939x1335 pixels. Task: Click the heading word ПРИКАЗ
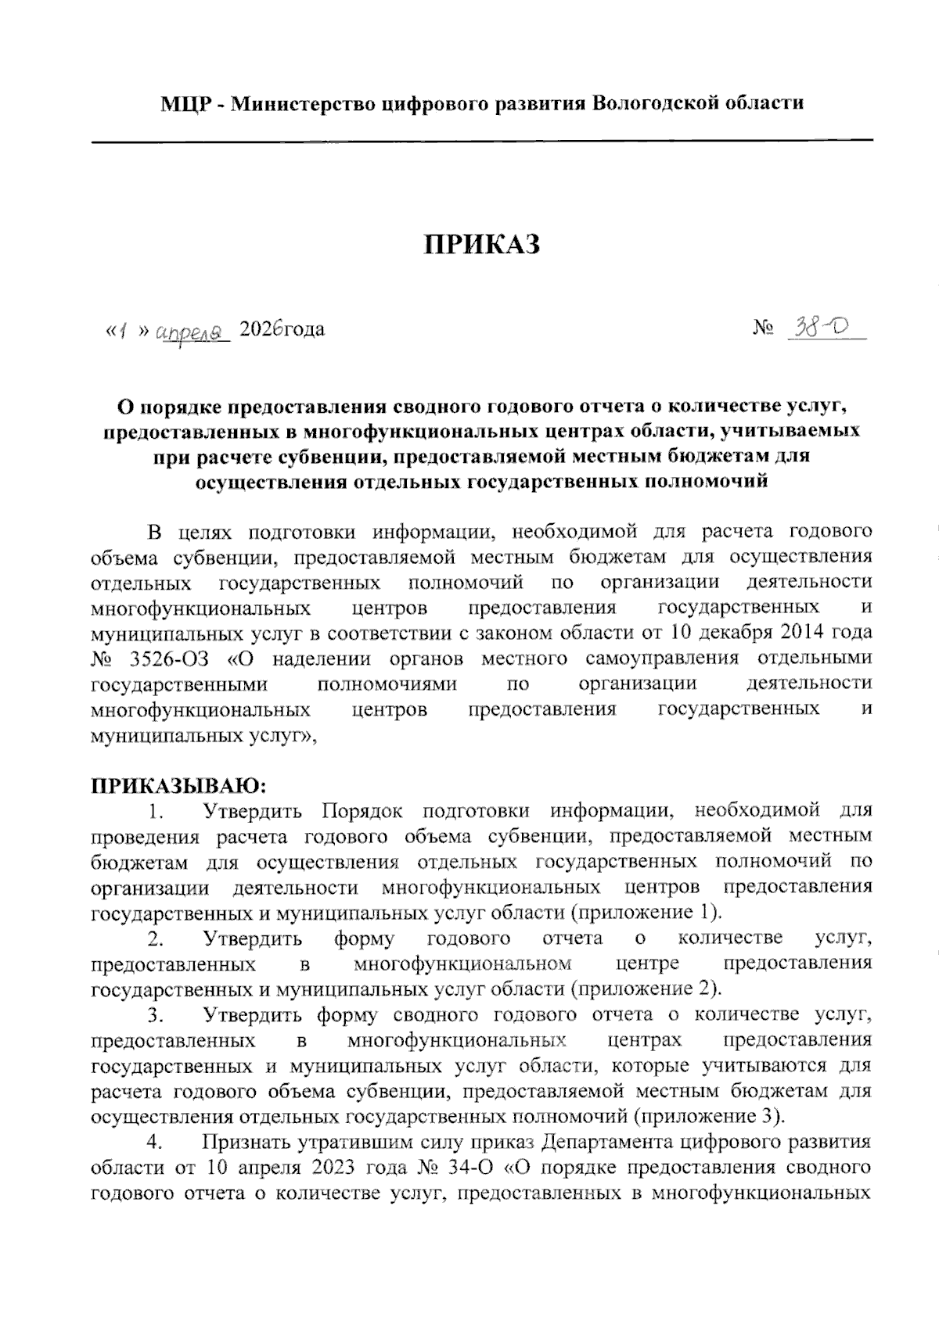tap(483, 244)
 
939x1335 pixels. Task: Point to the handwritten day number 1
tap(122, 331)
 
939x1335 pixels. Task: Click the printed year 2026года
tap(282, 329)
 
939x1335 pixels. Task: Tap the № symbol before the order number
tap(762, 329)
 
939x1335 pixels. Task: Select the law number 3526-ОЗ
tap(167, 659)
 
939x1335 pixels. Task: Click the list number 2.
tap(155, 938)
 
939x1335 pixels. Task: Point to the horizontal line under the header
tap(482, 141)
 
